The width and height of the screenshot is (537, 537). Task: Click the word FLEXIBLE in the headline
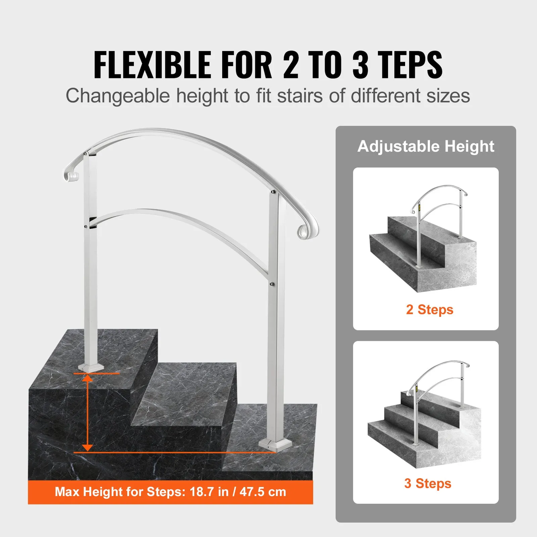pyautogui.click(x=152, y=65)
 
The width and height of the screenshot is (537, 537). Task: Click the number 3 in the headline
pyautogui.click(x=360, y=65)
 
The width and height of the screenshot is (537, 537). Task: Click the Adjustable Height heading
pyautogui.click(x=426, y=146)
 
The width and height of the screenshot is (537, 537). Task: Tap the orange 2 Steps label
pyautogui.click(x=430, y=310)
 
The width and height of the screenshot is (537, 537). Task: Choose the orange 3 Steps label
pyautogui.click(x=428, y=483)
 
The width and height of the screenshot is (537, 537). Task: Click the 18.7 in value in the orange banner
pyautogui.click(x=209, y=492)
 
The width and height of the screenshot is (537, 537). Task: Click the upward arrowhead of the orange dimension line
pyautogui.click(x=87, y=379)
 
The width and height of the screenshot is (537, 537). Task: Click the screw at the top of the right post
pyautogui.click(x=273, y=193)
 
